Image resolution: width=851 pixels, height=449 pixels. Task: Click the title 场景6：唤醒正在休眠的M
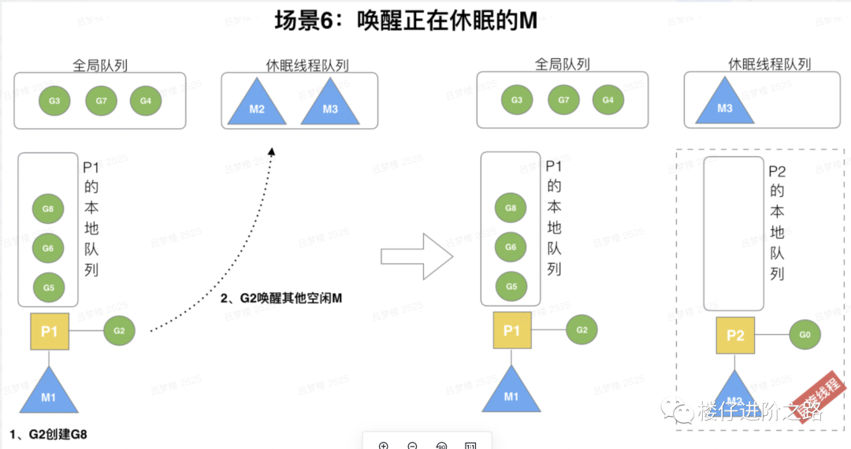(406, 20)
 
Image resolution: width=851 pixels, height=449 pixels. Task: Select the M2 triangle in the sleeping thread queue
(257, 106)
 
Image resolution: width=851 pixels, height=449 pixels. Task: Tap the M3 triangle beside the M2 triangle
(330, 106)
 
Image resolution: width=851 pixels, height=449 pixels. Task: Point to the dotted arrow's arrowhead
(272, 152)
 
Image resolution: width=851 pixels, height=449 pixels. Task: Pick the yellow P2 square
(735, 336)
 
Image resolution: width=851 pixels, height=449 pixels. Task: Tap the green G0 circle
(804, 335)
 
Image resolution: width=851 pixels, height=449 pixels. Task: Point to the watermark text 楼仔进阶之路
(760, 411)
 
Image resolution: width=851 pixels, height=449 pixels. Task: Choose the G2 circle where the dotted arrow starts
(119, 331)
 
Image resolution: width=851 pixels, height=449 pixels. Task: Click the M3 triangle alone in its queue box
(725, 106)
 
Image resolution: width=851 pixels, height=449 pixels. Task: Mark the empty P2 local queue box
(734, 234)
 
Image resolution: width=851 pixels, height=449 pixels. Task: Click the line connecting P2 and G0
(772, 335)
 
